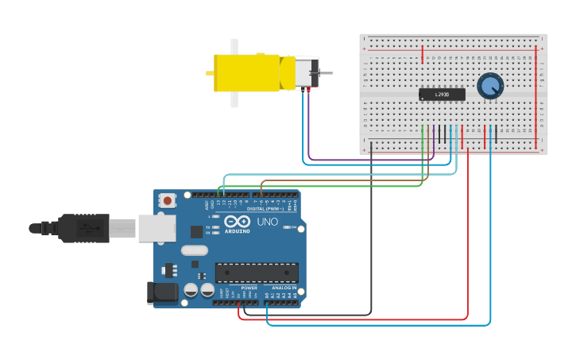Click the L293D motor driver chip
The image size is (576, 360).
coord(442,95)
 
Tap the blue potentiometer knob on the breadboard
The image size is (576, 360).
coord(490,86)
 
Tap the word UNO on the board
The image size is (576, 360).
coord(268,222)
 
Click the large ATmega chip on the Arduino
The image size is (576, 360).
coord(257,273)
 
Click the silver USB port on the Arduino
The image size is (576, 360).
coord(157,228)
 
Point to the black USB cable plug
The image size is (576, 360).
coord(79,228)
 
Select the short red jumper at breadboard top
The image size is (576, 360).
coord(422,54)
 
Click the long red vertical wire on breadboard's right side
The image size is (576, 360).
coord(536,95)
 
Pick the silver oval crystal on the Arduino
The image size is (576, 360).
coord(194,250)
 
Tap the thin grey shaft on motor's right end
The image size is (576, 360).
coord(326,73)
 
